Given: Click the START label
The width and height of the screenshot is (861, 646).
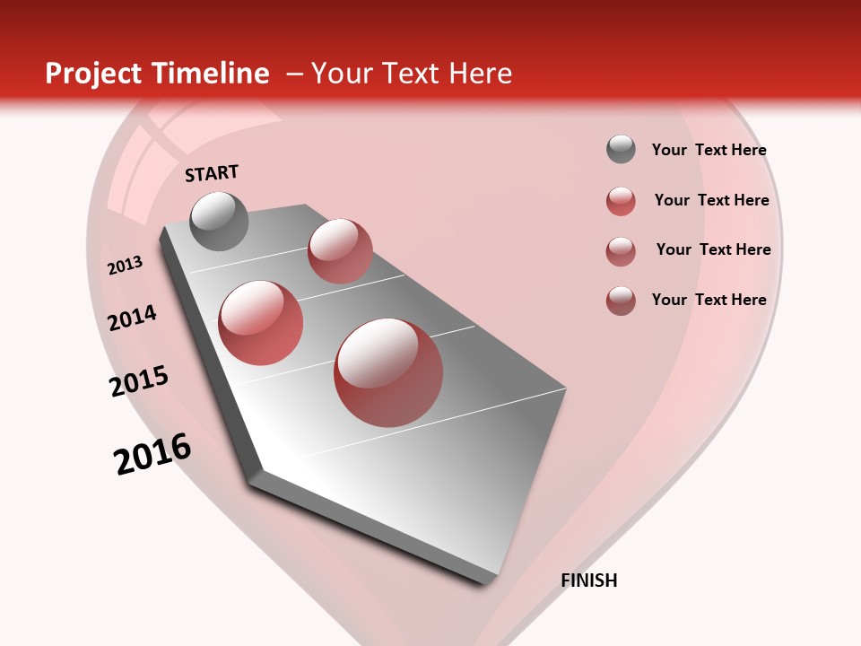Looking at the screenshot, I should coord(212,173).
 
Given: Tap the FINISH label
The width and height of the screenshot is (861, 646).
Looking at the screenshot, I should coord(589,581).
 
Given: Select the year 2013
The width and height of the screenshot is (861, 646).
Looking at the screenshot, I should coord(125,266).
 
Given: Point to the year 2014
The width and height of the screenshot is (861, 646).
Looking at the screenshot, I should coord(132,318).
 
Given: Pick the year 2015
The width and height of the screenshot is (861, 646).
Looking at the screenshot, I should coord(139,381).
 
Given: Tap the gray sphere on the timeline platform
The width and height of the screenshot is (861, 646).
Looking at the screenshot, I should coord(219,221).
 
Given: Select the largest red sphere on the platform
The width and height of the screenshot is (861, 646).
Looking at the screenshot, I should coord(388,372).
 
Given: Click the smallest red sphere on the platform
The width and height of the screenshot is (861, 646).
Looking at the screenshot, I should coord(340,250).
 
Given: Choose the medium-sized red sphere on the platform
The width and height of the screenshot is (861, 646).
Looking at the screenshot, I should coord(261,322).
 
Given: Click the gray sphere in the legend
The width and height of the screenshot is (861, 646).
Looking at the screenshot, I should coord(621,150).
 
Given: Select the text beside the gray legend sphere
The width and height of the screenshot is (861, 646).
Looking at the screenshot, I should coord(709,151).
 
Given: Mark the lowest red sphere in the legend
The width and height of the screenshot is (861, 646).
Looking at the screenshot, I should coord(621,301).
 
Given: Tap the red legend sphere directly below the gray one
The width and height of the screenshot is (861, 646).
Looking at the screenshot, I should coord(621,201).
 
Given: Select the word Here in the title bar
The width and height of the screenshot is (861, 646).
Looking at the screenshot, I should coord(480,74).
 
